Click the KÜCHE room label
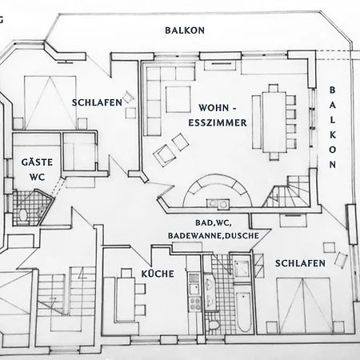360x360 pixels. pos(158,274)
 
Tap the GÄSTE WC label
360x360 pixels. pos(37,170)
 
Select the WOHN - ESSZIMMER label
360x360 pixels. pos(218,115)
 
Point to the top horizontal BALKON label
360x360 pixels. pos(185,30)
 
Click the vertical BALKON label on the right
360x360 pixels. pos(332,127)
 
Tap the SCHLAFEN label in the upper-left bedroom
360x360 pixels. pos(97,102)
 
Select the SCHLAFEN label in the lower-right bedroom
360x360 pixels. pos(300,263)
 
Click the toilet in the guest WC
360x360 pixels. pos(23,215)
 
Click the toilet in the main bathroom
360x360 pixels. pos(214,326)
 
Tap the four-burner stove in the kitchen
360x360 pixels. pos(195,303)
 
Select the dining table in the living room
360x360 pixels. pos(274,122)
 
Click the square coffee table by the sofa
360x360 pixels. pos(178,99)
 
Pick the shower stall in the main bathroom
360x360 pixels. pos(242,266)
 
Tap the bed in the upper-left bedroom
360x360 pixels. pos(50,102)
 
